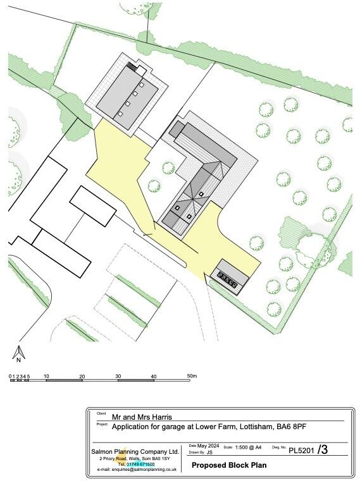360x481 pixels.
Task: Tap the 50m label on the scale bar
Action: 192,376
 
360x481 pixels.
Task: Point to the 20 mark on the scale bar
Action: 82,376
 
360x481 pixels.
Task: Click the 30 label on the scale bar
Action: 118,376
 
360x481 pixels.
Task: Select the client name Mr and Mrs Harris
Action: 141,417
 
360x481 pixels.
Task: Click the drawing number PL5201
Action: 302,451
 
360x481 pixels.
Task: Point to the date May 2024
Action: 208,446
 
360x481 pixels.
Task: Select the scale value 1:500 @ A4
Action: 249,447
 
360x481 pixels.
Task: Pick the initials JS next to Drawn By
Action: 209,453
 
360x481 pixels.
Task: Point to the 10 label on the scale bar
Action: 46,376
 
